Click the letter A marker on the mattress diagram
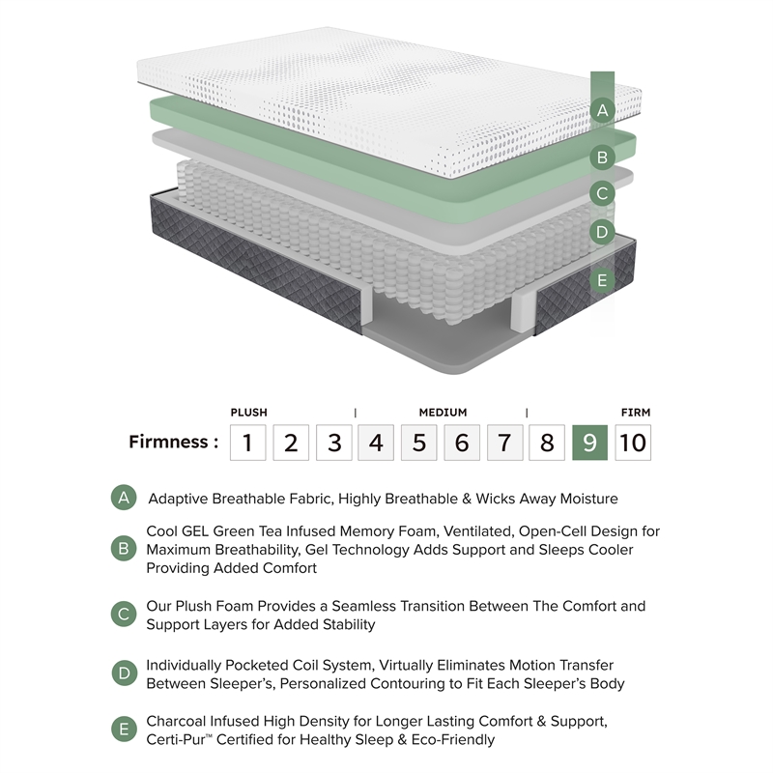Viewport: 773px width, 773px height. tap(602, 110)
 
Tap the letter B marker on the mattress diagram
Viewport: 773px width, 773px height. tap(602, 157)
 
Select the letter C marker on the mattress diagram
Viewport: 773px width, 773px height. tap(602, 193)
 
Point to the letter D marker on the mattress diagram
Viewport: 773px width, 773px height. tap(602, 232)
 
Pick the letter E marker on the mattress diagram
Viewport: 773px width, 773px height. tap(602, 280)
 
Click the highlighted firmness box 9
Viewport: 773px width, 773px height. tap(589, 443)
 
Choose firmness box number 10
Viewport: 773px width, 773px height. tap(633, 443)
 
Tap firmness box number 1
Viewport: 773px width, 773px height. tap(248, 443)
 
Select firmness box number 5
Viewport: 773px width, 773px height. tap(419, 443)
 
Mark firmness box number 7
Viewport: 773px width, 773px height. tap(504, 443)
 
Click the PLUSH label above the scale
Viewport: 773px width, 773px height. tap(249, 413)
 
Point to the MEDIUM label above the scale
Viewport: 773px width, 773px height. tap(443, 413)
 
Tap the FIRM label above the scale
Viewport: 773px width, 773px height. tap(636, 413)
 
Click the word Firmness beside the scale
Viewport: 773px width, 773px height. tap(168, 442)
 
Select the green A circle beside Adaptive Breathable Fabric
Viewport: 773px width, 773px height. tap(124, 498)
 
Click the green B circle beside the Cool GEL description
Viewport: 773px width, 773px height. tap(124, 549)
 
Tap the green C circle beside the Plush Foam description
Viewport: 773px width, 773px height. tap(124, 615)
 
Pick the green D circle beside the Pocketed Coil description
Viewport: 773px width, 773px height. tap(124, 673)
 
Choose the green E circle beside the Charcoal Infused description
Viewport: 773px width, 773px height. tap(124, 730)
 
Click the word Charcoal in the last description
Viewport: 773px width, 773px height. tap(176, 721)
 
